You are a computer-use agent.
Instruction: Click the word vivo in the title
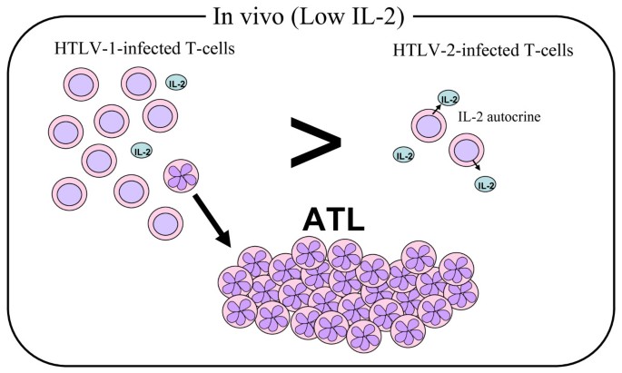tap(258, 16)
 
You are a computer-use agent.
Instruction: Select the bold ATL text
tap(332, 218)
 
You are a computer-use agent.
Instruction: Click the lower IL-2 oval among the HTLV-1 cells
tap(143, 150)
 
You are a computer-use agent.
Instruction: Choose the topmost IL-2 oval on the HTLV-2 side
tap(449, 98)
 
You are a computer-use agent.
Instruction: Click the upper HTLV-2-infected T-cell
tap(428, 125)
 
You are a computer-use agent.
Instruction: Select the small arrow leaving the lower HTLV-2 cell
tap(474, 168)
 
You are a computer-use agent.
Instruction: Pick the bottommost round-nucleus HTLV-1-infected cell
tap(163, 221)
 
